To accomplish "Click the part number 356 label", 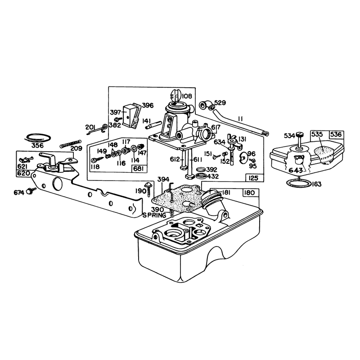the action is (37, 145).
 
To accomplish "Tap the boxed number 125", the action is (253, 178).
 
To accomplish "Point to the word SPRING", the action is (154, 216).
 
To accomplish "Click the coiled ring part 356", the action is (37, 138).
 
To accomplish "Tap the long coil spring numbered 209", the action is (71, 144).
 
